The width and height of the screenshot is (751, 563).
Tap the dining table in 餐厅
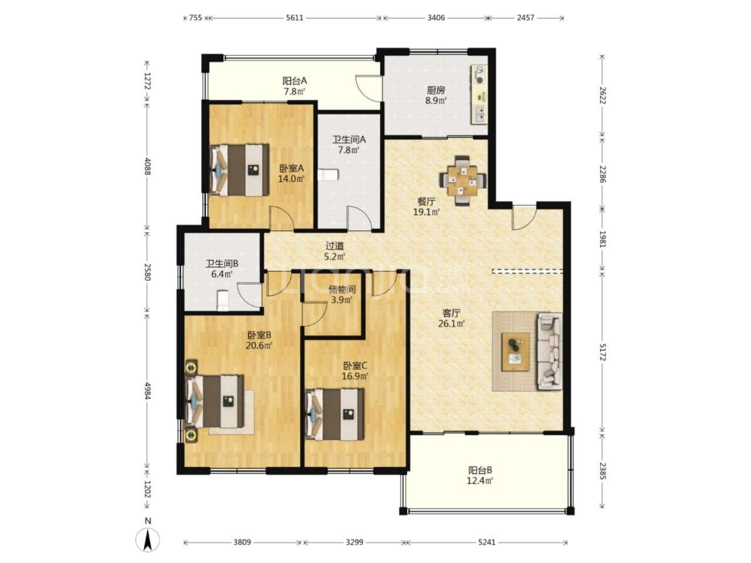click(x=462, y=180)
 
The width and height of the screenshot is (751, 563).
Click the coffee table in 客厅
click(x=515, y=352)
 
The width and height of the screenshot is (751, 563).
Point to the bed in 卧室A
click(x=239, y=170)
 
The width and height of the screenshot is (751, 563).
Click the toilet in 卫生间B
click(x=223, y=300)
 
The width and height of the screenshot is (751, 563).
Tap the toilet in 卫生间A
click(x=328, y=175)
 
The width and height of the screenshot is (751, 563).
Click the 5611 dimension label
click(x=295, y=18)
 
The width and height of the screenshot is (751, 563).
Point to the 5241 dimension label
click(x=486, y=542)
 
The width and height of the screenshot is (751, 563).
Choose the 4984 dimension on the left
click(x=147, y=391)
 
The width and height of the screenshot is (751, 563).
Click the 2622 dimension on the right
click(x=603, y=96)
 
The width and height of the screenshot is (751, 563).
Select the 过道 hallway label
click(x=334, y=246)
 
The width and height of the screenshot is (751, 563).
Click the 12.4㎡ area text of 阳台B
click(x=480, y=481)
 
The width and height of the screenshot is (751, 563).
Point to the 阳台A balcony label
click(x=295, y=81)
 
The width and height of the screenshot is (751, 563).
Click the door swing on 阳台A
click(x=368, y=88)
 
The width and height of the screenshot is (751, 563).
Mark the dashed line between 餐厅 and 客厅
click(x=527, y=271)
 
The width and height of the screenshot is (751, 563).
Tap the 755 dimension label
click(x=195, y=18)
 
